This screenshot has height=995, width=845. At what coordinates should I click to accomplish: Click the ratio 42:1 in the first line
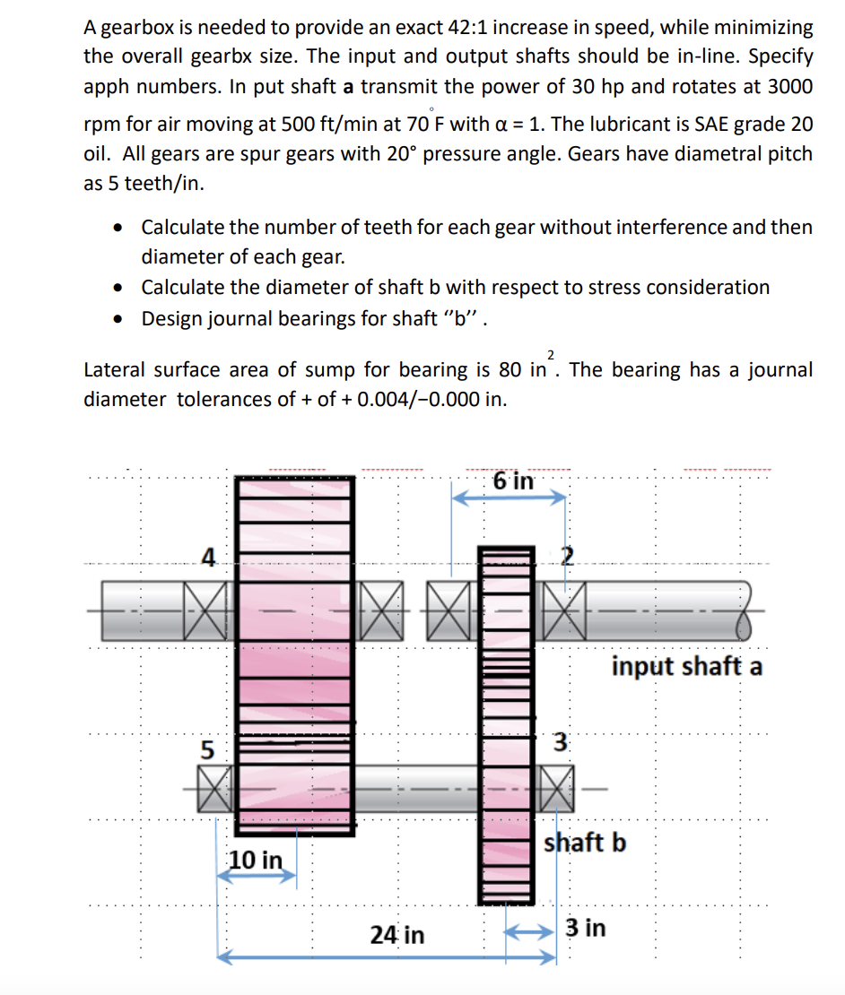pyautogui.click(x=463, y=27)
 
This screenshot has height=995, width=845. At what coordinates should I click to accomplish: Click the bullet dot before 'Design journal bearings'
pyautogui.click(x=118, y=318)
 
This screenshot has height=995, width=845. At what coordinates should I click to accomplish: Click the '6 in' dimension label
pyautogui.click(x=513, y=480)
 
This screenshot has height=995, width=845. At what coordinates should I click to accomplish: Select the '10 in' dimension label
pyautogui.click(x=254, y=860)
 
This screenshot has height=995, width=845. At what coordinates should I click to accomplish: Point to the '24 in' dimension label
pyautogui.click(x=397, y=935)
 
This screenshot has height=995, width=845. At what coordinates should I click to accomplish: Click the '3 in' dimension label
pyautogui.click(x=586, y=928)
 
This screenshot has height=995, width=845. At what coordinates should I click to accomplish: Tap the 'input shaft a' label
pyautogui.click(x=687, y=667)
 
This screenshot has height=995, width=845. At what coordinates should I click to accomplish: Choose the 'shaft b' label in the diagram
pyautogui.click(x=585, y=843)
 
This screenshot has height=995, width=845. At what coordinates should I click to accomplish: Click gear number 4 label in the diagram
pyautogui.click(x=208, y=558)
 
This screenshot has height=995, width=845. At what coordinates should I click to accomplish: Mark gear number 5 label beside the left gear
pyautogui.click(x=207, y=748)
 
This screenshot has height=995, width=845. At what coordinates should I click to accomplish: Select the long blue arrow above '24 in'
pyautogui.click(x=387, y=958)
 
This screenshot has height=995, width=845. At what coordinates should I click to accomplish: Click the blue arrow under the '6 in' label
pyautogui.click(x=509, y=499)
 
